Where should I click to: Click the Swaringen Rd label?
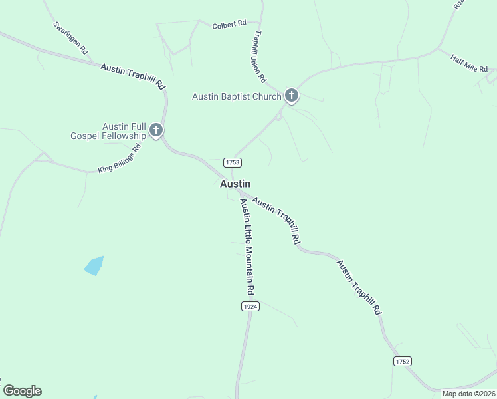[x=70, y=38]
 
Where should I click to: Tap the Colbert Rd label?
[x=229, y=26]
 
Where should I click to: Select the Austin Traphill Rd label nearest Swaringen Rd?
[x=133, y=76]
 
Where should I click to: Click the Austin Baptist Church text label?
[x=237, y=96]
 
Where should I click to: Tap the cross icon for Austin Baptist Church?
[x=291, y=96]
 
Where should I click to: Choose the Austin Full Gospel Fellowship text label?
[x=108, y=131]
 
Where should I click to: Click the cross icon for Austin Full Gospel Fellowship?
[x=156, y=130]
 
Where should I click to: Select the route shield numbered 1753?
[x=232, y=162]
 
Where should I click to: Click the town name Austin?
[x=235, y=184]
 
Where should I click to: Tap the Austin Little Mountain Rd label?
[x=247, y=247]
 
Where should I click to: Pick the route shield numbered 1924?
[x=250, y=306]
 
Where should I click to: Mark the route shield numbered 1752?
[x=403, y=361]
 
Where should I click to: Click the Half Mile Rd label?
[x=469, y=65]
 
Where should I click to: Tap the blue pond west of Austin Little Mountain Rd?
[x=94, y=265]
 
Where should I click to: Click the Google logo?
[x=22, y=391]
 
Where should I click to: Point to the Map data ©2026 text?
[x=469, y=394]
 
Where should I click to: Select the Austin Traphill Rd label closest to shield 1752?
[x=359, y=287]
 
